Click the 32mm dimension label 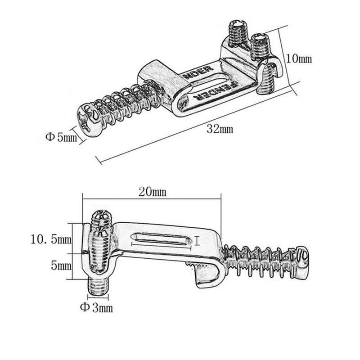220,130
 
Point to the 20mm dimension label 152,192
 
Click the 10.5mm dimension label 49,239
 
